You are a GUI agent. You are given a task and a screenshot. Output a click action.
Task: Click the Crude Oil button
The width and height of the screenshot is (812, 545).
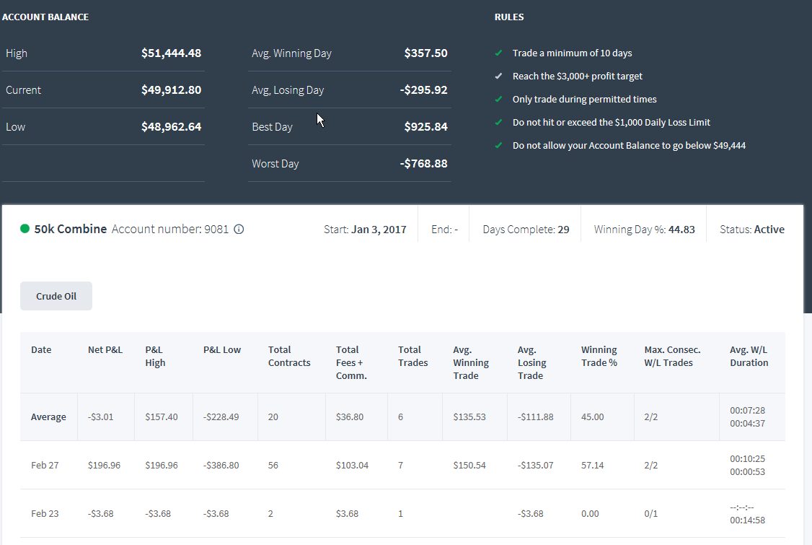(56, 296)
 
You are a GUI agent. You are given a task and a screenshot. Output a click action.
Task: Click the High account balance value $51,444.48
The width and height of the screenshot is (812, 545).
(172, 53)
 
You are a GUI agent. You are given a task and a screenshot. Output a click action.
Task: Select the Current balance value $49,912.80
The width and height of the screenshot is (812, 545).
(172, 90)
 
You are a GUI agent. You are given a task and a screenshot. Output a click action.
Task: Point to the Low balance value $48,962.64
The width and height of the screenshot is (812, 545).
(172, 127)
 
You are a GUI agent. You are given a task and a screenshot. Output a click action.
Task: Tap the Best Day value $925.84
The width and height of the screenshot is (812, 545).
(425, 127)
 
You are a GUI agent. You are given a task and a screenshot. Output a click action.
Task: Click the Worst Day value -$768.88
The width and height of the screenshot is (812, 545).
(423, 164)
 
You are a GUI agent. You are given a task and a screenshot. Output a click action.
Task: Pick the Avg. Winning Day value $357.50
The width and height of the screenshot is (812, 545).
(425, 53)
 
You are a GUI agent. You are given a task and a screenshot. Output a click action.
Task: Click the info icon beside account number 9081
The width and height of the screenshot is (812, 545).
(239, 230)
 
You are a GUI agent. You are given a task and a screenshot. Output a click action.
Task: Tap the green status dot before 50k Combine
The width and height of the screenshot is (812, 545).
(25, 229)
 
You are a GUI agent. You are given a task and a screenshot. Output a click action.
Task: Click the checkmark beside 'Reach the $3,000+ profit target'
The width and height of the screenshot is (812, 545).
(499, 77)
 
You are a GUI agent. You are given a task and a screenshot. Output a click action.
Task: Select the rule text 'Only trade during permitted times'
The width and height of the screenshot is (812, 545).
(585, 100)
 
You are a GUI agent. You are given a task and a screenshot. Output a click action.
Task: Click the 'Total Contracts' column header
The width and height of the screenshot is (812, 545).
(289, 357)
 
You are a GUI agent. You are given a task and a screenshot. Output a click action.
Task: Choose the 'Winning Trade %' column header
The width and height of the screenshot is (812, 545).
(599, 357)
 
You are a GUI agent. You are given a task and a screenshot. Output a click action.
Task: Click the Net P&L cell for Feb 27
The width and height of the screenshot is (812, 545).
(104, 466)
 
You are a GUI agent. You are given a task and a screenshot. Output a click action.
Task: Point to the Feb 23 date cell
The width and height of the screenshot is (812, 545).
(45, 514)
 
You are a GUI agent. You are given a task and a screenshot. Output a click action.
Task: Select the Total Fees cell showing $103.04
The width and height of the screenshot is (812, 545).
(352, 466)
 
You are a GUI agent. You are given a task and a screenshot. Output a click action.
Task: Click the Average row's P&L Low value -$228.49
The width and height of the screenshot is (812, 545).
(221, 417)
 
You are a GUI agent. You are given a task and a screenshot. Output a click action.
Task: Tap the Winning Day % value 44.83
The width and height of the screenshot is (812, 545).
(681, 230)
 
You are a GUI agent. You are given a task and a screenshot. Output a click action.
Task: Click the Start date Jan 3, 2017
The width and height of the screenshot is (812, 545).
(379, 230)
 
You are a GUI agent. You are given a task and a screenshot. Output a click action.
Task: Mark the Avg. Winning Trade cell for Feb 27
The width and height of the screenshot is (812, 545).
(469, 466)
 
